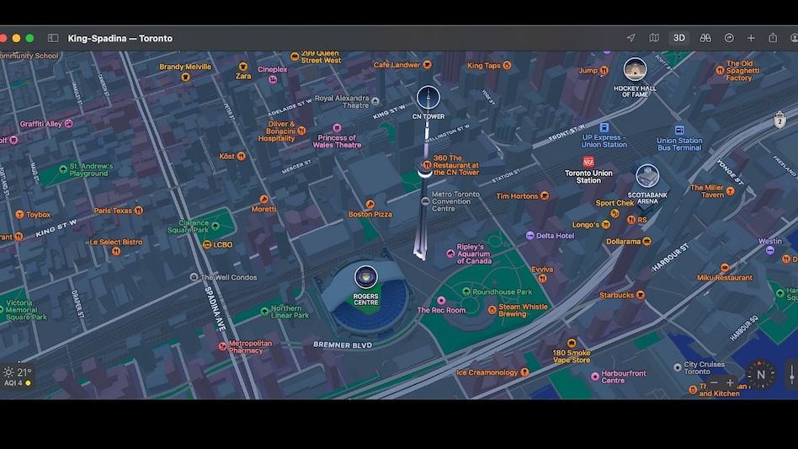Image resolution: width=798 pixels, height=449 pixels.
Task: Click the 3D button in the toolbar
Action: [678, 38]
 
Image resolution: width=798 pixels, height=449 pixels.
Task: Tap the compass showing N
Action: [761, 375]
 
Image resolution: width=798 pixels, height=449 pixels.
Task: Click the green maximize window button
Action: [29, 38]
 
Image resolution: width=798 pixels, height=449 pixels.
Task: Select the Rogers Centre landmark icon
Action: [365, 276]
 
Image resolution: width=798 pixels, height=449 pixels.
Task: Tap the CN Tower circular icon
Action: [428, 97]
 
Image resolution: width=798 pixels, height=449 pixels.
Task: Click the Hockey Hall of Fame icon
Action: [635, 69]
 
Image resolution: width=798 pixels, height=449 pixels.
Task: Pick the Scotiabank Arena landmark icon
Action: [646, 176]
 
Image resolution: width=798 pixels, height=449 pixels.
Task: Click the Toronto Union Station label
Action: [588, 176]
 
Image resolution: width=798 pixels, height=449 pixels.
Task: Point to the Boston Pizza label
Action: [370, 214]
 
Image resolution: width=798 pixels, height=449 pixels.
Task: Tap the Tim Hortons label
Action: [517, 196]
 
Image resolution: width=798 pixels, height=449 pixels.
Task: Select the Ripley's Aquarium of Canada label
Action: [473, 254]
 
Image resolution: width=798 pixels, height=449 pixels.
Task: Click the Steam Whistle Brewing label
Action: [523, 310]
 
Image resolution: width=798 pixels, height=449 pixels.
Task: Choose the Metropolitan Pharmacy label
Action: [250, 346]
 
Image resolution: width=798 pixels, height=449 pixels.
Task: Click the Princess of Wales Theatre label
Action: [337, 142]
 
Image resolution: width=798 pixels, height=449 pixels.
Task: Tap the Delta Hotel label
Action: [555, 236]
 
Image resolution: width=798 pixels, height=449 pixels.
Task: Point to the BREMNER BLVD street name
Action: [342, 345]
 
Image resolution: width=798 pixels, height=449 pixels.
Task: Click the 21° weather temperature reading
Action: [24, 371]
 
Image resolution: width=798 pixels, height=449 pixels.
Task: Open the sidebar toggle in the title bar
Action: [53, 38]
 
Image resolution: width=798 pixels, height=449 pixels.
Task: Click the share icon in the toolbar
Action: [773, 38]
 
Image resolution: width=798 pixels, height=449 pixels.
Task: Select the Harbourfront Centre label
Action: [624, 377]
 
